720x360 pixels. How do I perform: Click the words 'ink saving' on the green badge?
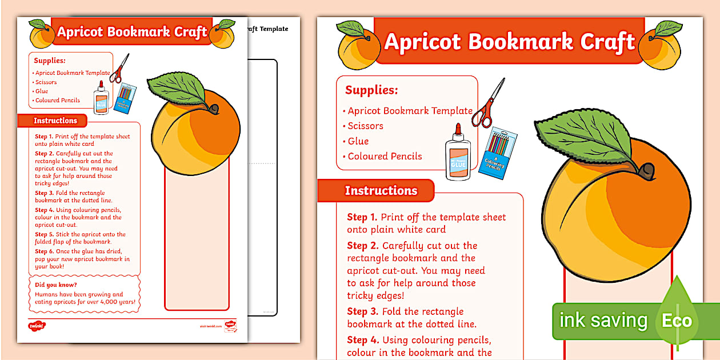point(603,321)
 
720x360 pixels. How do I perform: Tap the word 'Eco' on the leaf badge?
point(677,321)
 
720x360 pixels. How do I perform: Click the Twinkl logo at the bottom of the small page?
point(37,326)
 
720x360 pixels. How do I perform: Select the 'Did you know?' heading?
point(55,285)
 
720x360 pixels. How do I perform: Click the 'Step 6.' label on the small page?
point(44,251)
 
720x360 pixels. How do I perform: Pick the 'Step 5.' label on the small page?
point(44,234)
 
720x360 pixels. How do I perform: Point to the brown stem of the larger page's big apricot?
point(646,169)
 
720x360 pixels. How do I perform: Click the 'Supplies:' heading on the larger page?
point(371,90)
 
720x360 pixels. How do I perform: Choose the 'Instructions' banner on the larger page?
point(381,191)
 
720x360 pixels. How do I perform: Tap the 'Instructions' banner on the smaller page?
point(55,121)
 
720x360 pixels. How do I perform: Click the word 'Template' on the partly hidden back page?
point(274,29)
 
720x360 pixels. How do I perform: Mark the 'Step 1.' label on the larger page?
point(362,217)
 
